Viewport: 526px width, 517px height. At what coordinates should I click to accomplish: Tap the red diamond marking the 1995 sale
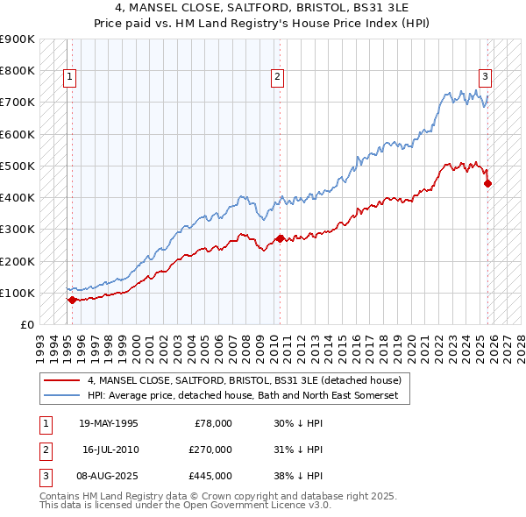point(72,300)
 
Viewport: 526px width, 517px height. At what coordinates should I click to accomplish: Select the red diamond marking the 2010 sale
point(280,238)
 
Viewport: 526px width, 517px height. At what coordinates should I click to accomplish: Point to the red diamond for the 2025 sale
point(487,183)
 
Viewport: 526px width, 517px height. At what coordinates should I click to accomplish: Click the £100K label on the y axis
point(18,293)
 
